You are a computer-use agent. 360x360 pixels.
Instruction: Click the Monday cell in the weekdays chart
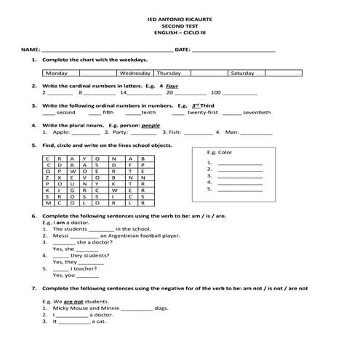tap(57, 73)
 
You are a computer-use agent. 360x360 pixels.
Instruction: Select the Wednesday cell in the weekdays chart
tap(135, 73)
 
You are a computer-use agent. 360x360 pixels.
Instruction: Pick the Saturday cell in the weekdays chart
tap(242, 73)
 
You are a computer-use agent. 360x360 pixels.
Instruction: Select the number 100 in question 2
tap(215, 93)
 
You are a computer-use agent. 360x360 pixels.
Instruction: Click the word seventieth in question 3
tap(257, 113)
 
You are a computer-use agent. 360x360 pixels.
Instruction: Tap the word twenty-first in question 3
tap(203, 113)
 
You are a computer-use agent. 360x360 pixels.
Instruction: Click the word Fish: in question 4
tap(177, 132)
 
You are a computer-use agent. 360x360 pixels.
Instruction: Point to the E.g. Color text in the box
tap(220, 153)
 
